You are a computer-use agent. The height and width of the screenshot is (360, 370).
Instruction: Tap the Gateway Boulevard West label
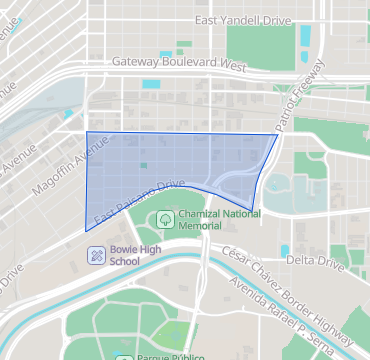tap(178, 63)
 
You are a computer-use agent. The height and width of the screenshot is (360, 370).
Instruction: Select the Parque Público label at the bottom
tap(171, 356)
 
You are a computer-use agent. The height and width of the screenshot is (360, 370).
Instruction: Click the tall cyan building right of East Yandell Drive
tap(305, 36)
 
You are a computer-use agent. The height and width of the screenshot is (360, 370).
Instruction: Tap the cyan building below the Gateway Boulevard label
tap(150, 84)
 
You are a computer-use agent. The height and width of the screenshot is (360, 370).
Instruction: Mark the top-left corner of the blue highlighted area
tap(87, 132)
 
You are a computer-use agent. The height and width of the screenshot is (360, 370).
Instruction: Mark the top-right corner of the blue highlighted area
tap(278, 134)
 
